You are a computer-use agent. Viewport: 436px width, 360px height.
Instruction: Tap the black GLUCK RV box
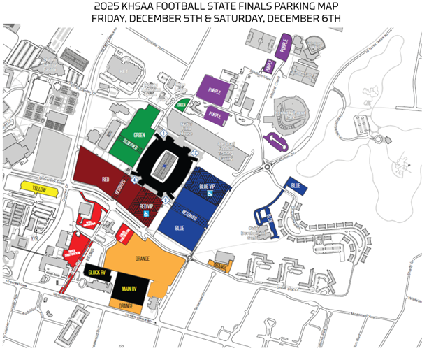pos(95,273)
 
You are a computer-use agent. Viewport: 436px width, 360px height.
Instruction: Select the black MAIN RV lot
pos(130,287)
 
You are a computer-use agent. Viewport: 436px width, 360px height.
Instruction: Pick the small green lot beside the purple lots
pos(182,106)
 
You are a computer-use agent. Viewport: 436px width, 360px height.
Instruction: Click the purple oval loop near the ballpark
pos(277,143)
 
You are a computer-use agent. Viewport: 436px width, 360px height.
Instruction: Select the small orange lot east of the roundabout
pos(220,266)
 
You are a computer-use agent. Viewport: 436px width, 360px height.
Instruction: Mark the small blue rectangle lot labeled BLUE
pos(295,185)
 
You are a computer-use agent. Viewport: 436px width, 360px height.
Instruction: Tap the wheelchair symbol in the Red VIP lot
pos(145,215)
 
